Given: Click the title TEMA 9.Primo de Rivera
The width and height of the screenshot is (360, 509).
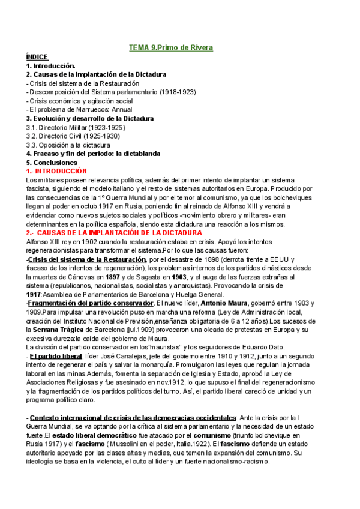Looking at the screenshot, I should tap(171, 47).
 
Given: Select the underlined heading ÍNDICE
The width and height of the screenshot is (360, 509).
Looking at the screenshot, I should tap(37, 57).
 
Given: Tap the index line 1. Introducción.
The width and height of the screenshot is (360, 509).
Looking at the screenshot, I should tap(51, 65).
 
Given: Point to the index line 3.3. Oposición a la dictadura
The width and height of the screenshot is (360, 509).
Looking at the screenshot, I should tap(68, 145).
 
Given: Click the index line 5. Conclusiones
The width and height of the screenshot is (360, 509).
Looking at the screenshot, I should tap(52, 163).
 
